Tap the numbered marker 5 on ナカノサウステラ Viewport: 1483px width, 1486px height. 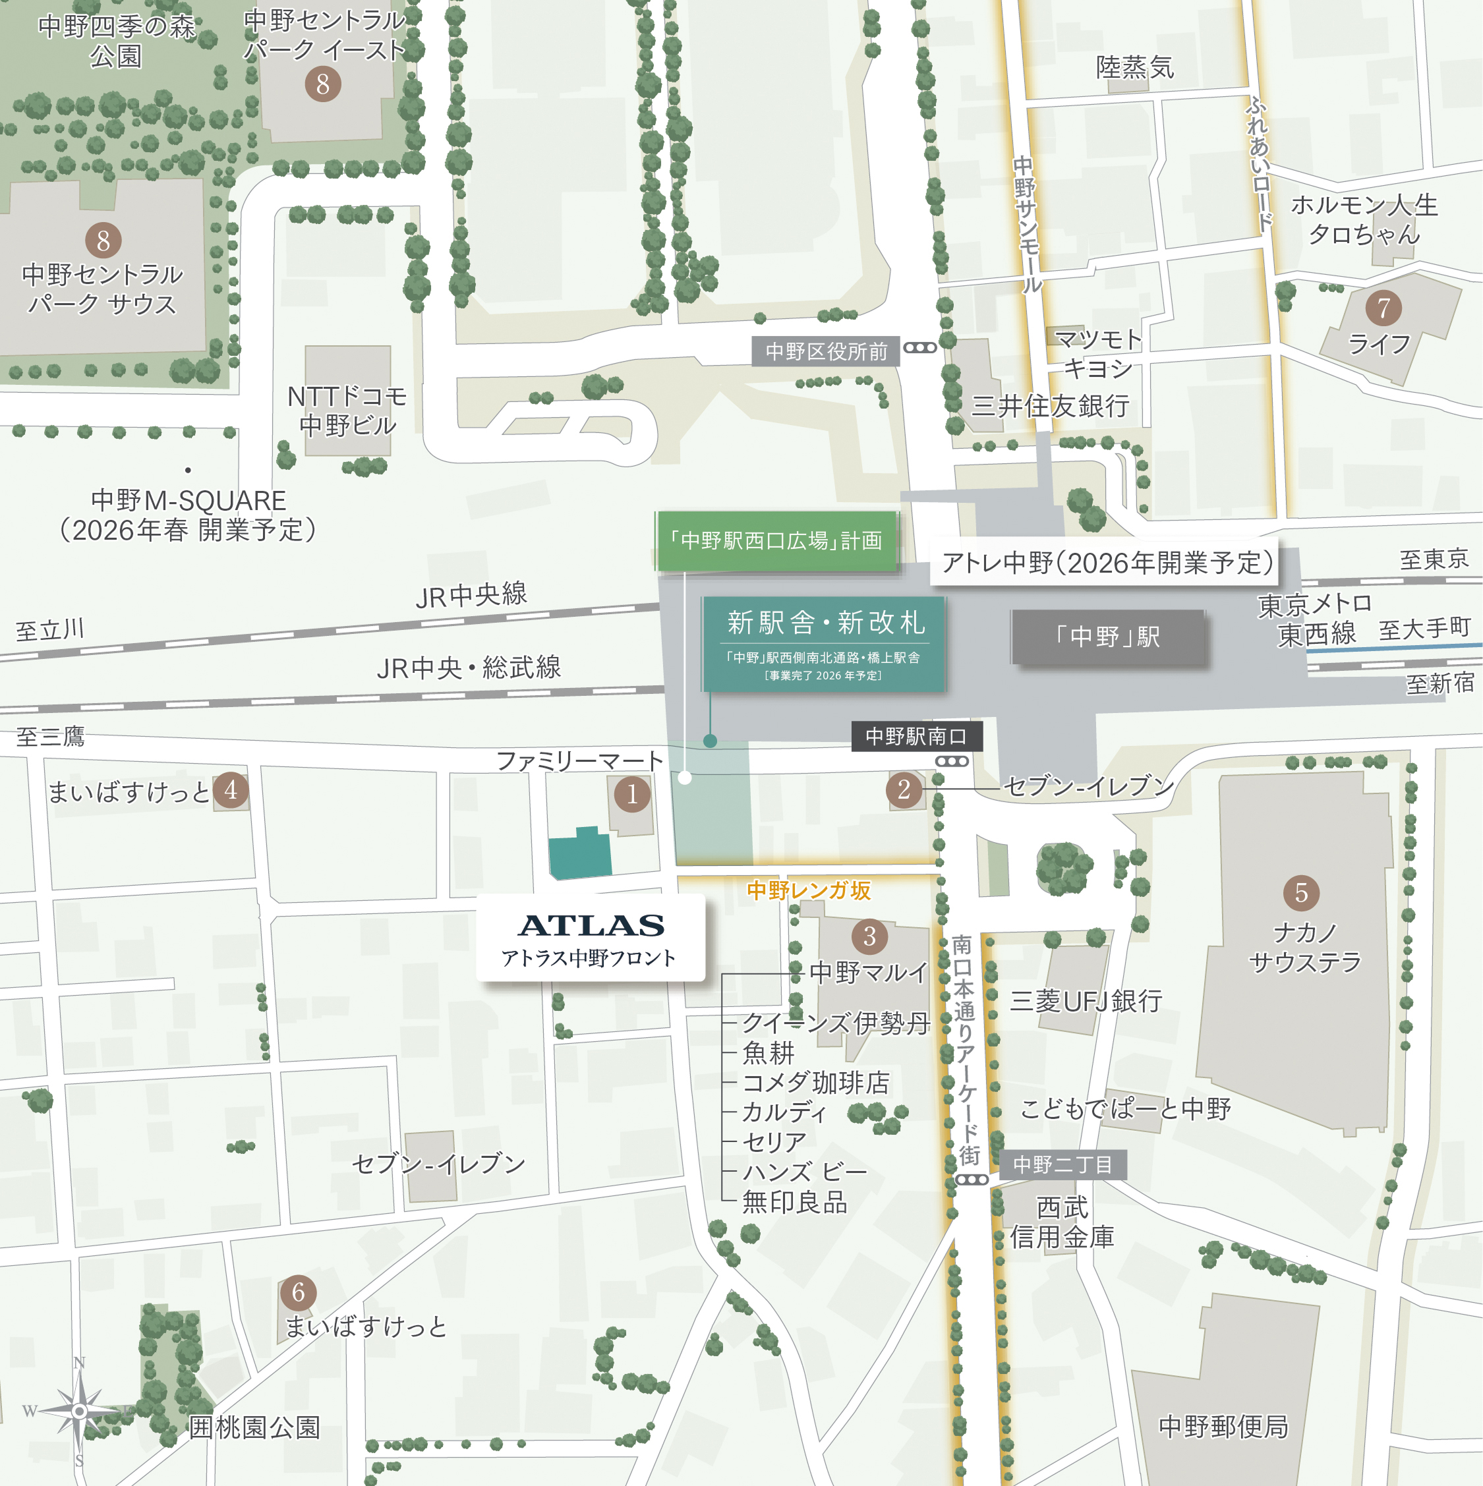pyautogui.click(x=1300, y=892)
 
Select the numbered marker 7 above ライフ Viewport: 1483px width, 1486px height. pyautogui.click(x=1383, y=308)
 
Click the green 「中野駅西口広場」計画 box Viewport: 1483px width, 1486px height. pyautogui.click(x=776, y=541)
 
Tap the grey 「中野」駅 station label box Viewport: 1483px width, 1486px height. pyautogui.click(x=1107, y=636)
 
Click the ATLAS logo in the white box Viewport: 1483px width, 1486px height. pyautogui.click(x=591, y=925)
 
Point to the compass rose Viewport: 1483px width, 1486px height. pyautogui.click(x=78, y=1411)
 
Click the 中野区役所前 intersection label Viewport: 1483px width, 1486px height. pyautogui.click(x=825, y=351)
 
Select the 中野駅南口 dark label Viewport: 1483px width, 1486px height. pyautogui.click(x=916, y=736)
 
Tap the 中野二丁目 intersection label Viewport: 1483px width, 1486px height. pyautogui.click(x=1062, y=1164)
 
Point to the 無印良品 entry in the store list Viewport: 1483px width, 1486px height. pyautogui.click(x=794, y=1201)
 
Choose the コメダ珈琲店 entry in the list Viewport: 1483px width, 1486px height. pyautogui.click(x=815, y=1082)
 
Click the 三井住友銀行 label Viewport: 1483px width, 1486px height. pyautogui.click(x=1049, y=405)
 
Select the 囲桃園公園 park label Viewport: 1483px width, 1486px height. pyautogui.click(x=254, y=1427)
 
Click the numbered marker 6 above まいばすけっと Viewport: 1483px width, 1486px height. pyautogui.click(x=298, y=1292)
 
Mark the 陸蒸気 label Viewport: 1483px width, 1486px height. pyautogui.click(x=1134, y=68)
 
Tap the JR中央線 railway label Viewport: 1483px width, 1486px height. pyautogui.click(x=471, y=594)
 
